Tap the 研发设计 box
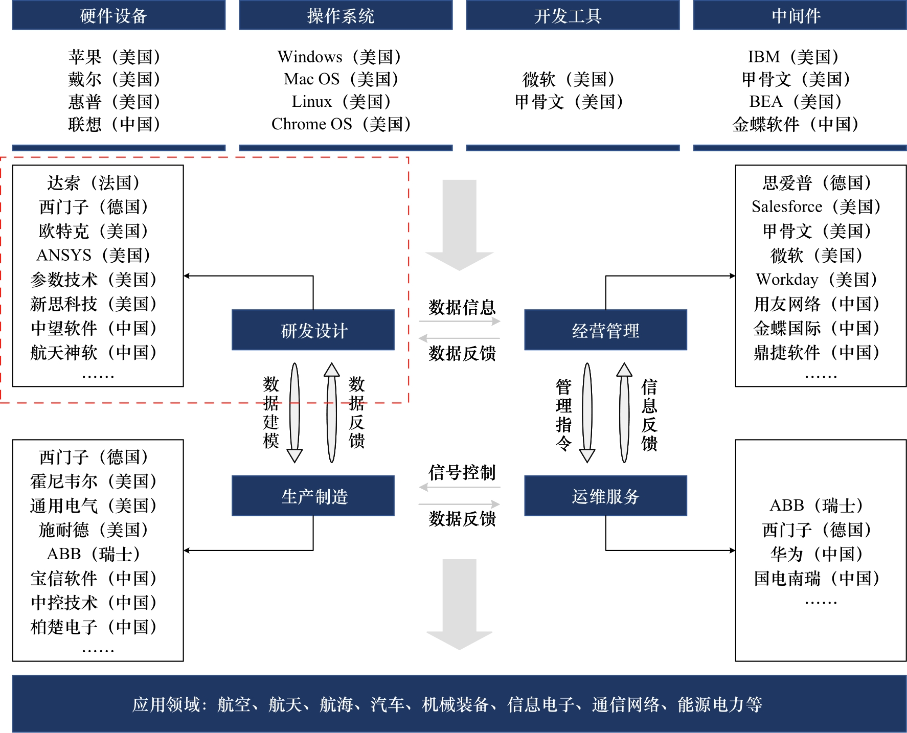pyautogui.click(x=313, y=330)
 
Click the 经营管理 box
pyautogui.click(x=605, y=330)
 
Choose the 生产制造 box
pyautogui.click(x=313, y=496)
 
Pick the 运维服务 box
pyautogui.click(x=605, y=496)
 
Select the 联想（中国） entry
pyautogui.click(x=114, y=124)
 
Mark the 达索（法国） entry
pyautogui.click(x=93, y=182)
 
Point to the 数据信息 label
pyautogui.click(x=462, y=307)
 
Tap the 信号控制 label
pyautogui.click(x=462, y=472)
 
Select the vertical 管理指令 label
pyautogui.click(x=563, y=415)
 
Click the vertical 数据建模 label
pyautogui.click(x=271, y=412)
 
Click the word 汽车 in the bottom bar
pyautogui.click(x=387, y=704)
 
